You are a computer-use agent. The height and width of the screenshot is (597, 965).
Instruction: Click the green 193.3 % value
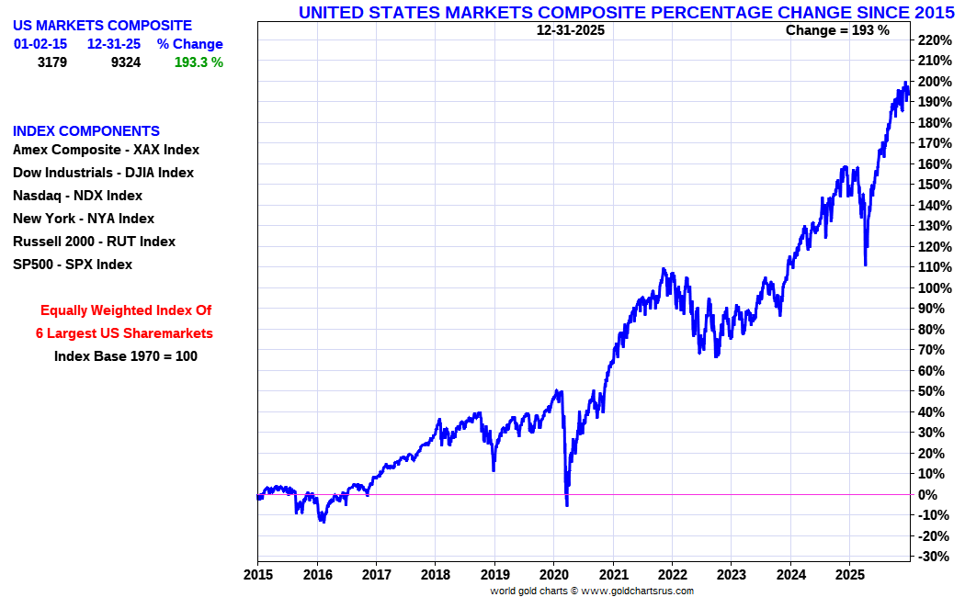click(x=199, y=62)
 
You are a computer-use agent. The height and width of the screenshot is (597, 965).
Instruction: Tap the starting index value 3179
click(x=52, y=62)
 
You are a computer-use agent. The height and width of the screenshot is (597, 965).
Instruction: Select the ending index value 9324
click(x=125, y=62)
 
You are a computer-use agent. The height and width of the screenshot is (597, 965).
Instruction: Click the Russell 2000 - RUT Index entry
click(x=94, y=242)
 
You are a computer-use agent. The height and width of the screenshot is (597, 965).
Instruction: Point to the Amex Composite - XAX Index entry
click(x=106, y=150)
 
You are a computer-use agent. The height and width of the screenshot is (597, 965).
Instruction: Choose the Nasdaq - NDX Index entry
click(x=77, y=196)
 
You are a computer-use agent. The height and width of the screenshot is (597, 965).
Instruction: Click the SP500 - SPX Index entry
click(x=73, y=265)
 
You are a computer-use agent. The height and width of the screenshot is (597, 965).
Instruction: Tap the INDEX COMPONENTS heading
click(x=86, y=131)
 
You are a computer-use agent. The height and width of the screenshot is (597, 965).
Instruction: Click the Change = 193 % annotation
click(x=837, y=30)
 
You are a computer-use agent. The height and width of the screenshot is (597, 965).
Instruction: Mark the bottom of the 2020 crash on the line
click(x=567, y=504)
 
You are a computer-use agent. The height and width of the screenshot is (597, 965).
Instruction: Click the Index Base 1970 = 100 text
click(x=126, y=356)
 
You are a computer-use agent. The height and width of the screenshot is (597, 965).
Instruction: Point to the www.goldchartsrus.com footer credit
click(x=637, y=591)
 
